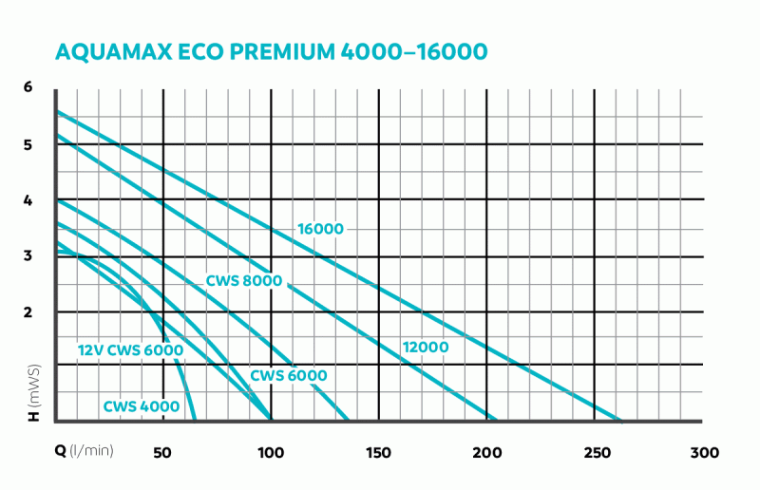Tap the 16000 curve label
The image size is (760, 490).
coord(320,229)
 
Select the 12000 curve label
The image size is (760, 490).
coord(425,347)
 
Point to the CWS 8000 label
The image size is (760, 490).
coord(244,281)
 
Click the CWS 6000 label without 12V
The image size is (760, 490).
coord(289,376)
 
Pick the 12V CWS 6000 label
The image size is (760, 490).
coord(130,350)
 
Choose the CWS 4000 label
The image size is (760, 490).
coord(142,407)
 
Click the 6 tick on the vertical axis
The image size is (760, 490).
coord(28,87)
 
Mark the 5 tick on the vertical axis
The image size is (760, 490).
coord(28,144)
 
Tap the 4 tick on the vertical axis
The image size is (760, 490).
coord(28,200)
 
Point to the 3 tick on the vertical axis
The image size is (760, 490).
coord(28,255)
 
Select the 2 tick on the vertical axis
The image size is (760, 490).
coord(28,311)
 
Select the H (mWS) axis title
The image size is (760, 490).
coord(31,390)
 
